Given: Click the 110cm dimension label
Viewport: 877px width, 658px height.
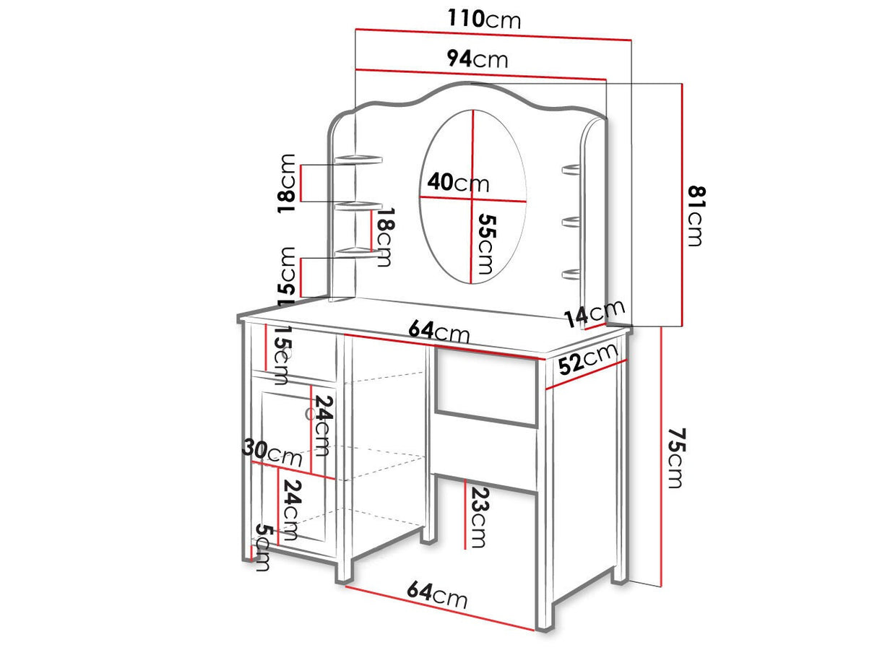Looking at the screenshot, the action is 484,20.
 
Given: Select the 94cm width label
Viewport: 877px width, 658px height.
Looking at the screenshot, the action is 478,59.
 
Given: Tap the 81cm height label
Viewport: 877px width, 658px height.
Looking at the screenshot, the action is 696,215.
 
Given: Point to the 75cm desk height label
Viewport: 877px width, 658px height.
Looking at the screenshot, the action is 676,458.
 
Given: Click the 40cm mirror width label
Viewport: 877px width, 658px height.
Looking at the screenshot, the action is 458,183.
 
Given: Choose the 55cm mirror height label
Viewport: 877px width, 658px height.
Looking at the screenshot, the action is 486,244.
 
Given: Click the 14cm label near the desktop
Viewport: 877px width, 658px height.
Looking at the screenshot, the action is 594,313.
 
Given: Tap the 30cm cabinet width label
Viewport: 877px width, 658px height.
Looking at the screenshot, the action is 272,453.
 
